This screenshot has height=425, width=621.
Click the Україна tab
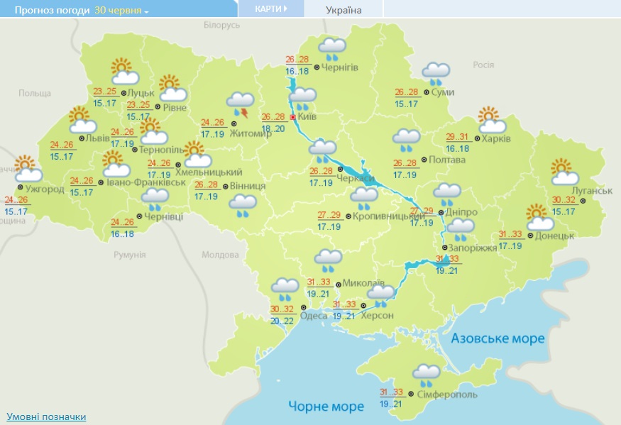click(x=344, y=10)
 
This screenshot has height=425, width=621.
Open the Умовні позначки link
click(x=46, y=416)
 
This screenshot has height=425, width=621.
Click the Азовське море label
click(x=498, y=338)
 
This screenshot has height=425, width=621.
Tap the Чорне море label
click(x=326, y=406)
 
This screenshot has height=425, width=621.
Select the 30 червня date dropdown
click(x=121, y=11)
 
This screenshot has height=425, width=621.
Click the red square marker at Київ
click(x=292, y=117)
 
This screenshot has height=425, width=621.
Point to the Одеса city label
click(x=313, y=316)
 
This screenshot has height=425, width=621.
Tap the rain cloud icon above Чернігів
click(x=331, y=49)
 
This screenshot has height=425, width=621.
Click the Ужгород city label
click(x=45, y=189)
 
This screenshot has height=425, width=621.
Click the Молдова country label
click(x=220, y=255)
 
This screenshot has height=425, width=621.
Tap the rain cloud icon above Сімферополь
click(x=426, y=374)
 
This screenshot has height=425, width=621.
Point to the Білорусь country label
click(x=222, y=25)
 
